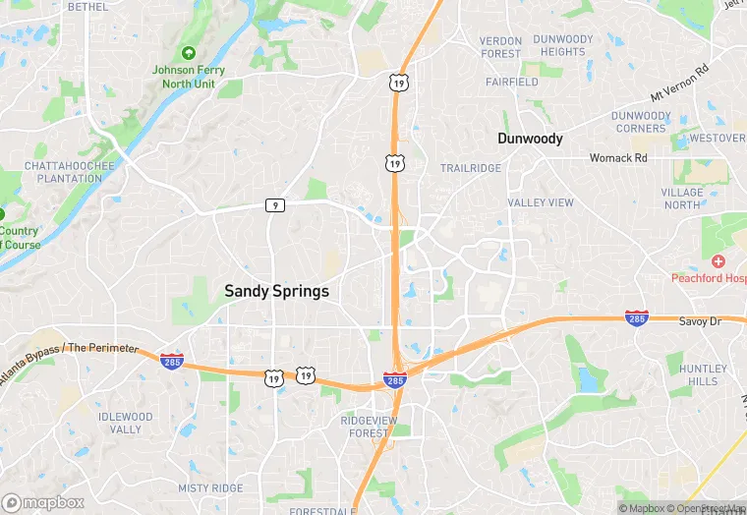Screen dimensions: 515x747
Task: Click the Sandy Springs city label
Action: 276,291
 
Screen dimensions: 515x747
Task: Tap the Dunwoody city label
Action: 530,139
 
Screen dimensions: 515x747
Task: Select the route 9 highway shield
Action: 275,205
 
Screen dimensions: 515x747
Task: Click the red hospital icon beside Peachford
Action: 718,261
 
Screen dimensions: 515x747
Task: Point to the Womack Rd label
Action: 618,157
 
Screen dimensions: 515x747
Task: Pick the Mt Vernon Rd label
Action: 679,85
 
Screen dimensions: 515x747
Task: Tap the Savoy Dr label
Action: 702,321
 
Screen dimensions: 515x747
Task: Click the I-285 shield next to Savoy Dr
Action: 636,317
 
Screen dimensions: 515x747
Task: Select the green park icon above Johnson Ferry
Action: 189,52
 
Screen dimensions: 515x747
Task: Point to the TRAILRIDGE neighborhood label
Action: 470,168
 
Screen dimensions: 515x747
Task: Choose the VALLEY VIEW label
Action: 540,202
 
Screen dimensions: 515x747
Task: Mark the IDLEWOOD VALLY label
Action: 126,423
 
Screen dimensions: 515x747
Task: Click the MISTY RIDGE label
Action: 209,487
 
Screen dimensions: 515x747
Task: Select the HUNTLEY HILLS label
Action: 704,374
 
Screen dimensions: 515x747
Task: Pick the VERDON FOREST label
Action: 500,47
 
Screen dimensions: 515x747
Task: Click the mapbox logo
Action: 44,501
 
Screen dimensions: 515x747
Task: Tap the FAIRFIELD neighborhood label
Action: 511,83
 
